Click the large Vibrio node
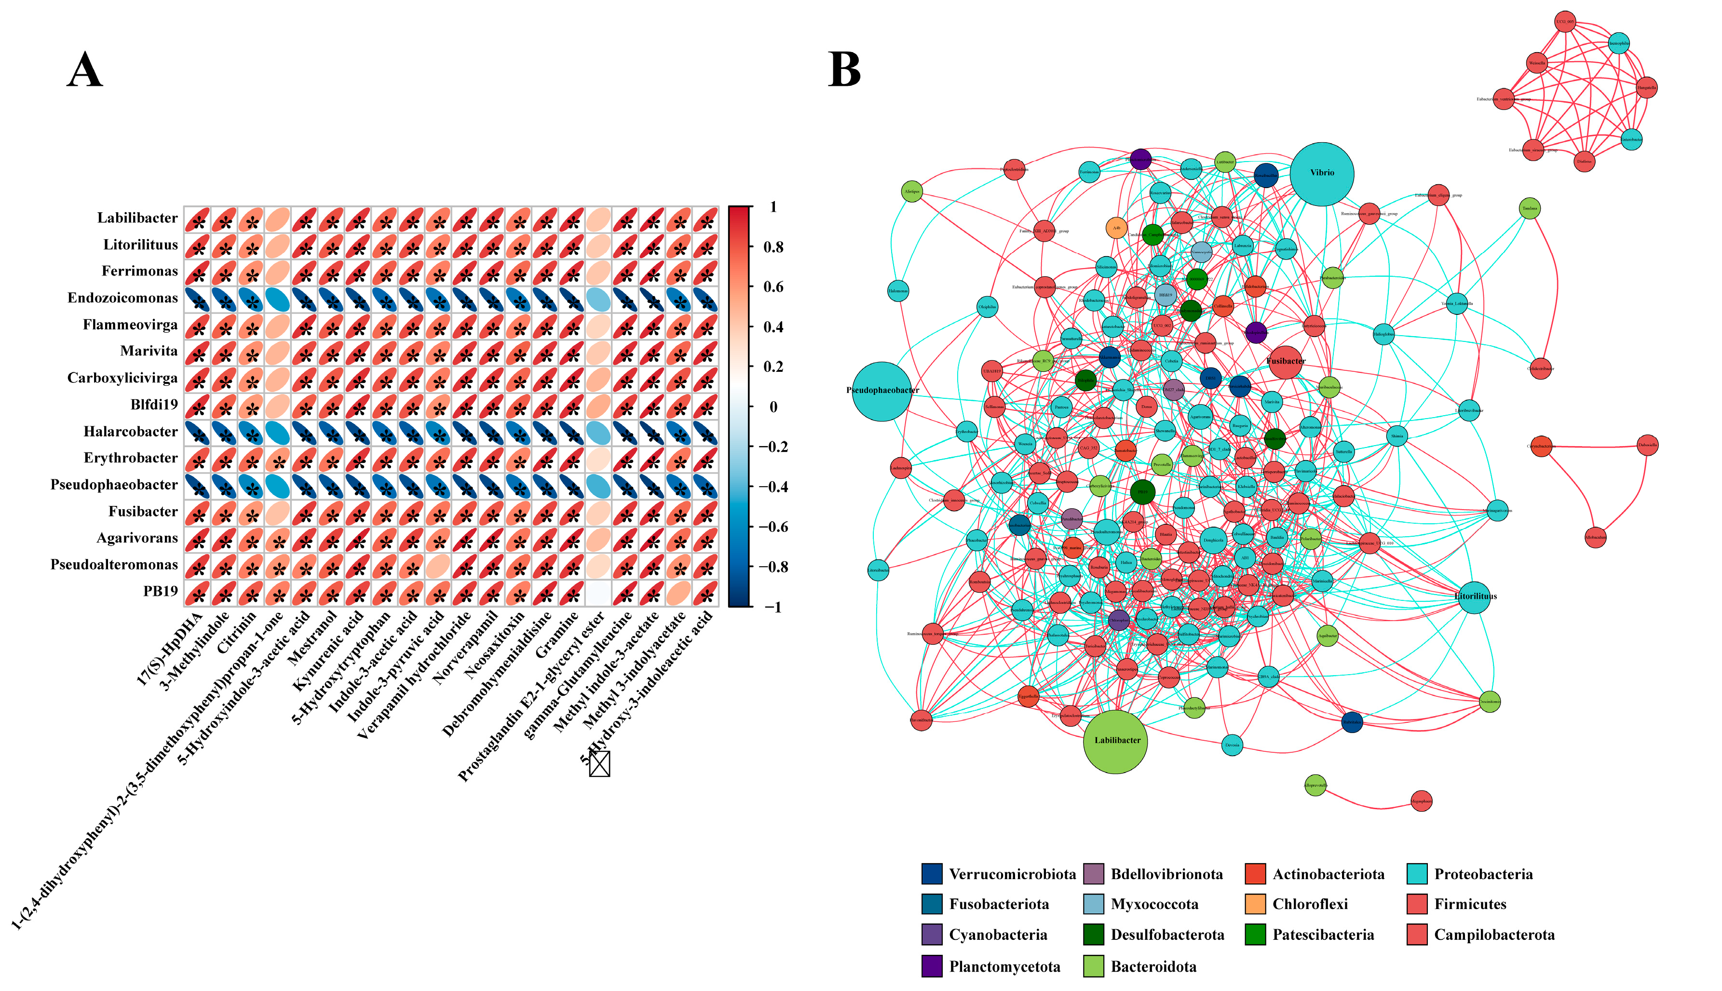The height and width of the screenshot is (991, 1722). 1321,174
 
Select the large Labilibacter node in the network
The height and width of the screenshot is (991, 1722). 1115,741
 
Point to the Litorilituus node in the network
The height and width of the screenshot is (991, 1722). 1474,597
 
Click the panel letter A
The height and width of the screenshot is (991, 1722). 85,70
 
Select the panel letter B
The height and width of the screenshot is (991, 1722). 844,70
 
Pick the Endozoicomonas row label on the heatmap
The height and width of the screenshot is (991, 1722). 122,298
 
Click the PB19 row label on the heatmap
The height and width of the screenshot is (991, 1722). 160,592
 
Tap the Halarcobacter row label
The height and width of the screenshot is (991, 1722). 131,432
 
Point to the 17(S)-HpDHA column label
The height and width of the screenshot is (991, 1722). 170,647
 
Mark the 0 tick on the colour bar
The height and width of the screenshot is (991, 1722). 773,407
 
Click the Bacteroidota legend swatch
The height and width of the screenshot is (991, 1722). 1093,966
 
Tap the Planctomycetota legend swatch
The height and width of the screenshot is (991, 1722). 932,966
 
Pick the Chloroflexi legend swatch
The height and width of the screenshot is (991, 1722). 1255,904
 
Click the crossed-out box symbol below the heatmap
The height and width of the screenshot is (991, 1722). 599,764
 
